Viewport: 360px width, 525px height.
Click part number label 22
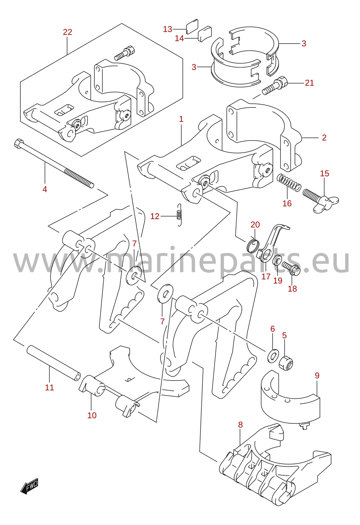67,32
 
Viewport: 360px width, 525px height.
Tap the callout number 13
168,29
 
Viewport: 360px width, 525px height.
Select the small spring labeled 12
179,215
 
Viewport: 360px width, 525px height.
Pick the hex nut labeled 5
286,364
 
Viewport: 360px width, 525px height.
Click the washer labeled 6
273,355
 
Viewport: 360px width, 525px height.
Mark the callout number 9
317,375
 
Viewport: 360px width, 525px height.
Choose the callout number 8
240,425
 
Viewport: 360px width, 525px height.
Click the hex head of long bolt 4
19,143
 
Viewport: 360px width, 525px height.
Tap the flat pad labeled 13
192,27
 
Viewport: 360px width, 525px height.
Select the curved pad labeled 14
205,34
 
